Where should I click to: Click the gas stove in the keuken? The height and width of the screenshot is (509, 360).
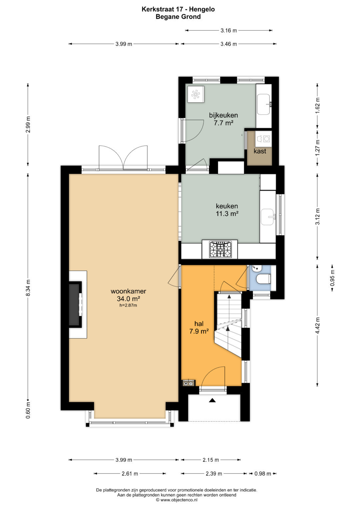(220, 250)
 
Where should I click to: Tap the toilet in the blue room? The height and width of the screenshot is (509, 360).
(264, 279)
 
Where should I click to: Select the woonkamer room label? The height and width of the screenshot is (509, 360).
(128, 291)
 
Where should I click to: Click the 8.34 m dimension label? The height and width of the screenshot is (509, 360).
(28, 288)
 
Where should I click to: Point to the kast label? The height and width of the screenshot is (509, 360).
(260, 151)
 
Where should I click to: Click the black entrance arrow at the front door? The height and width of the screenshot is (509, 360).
(212, 400)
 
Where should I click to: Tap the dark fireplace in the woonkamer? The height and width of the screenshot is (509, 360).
(75, 304)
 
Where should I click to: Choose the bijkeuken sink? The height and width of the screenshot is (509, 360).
(264, 105)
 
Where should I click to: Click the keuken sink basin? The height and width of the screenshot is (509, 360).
(268, 217)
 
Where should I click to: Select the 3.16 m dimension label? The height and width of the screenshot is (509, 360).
(229, 30)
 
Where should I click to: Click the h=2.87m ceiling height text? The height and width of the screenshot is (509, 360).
(128, 305)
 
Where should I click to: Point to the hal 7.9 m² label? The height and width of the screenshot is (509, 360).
(199, 327)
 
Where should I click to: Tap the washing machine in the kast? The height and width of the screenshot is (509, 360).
(263, 138)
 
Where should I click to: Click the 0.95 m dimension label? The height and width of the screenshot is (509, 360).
(333, 278)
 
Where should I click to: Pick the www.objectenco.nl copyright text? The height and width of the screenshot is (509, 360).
(177, 500)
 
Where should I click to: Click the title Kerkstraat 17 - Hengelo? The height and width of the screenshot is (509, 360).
(178, 9)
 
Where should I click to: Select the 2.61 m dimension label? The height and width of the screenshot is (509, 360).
(130, 474)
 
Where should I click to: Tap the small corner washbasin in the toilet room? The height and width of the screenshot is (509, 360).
(257, 269)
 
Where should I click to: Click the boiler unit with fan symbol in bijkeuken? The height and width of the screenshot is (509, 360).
(196, 95)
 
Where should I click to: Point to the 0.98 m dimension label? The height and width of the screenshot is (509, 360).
(263, 474)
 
